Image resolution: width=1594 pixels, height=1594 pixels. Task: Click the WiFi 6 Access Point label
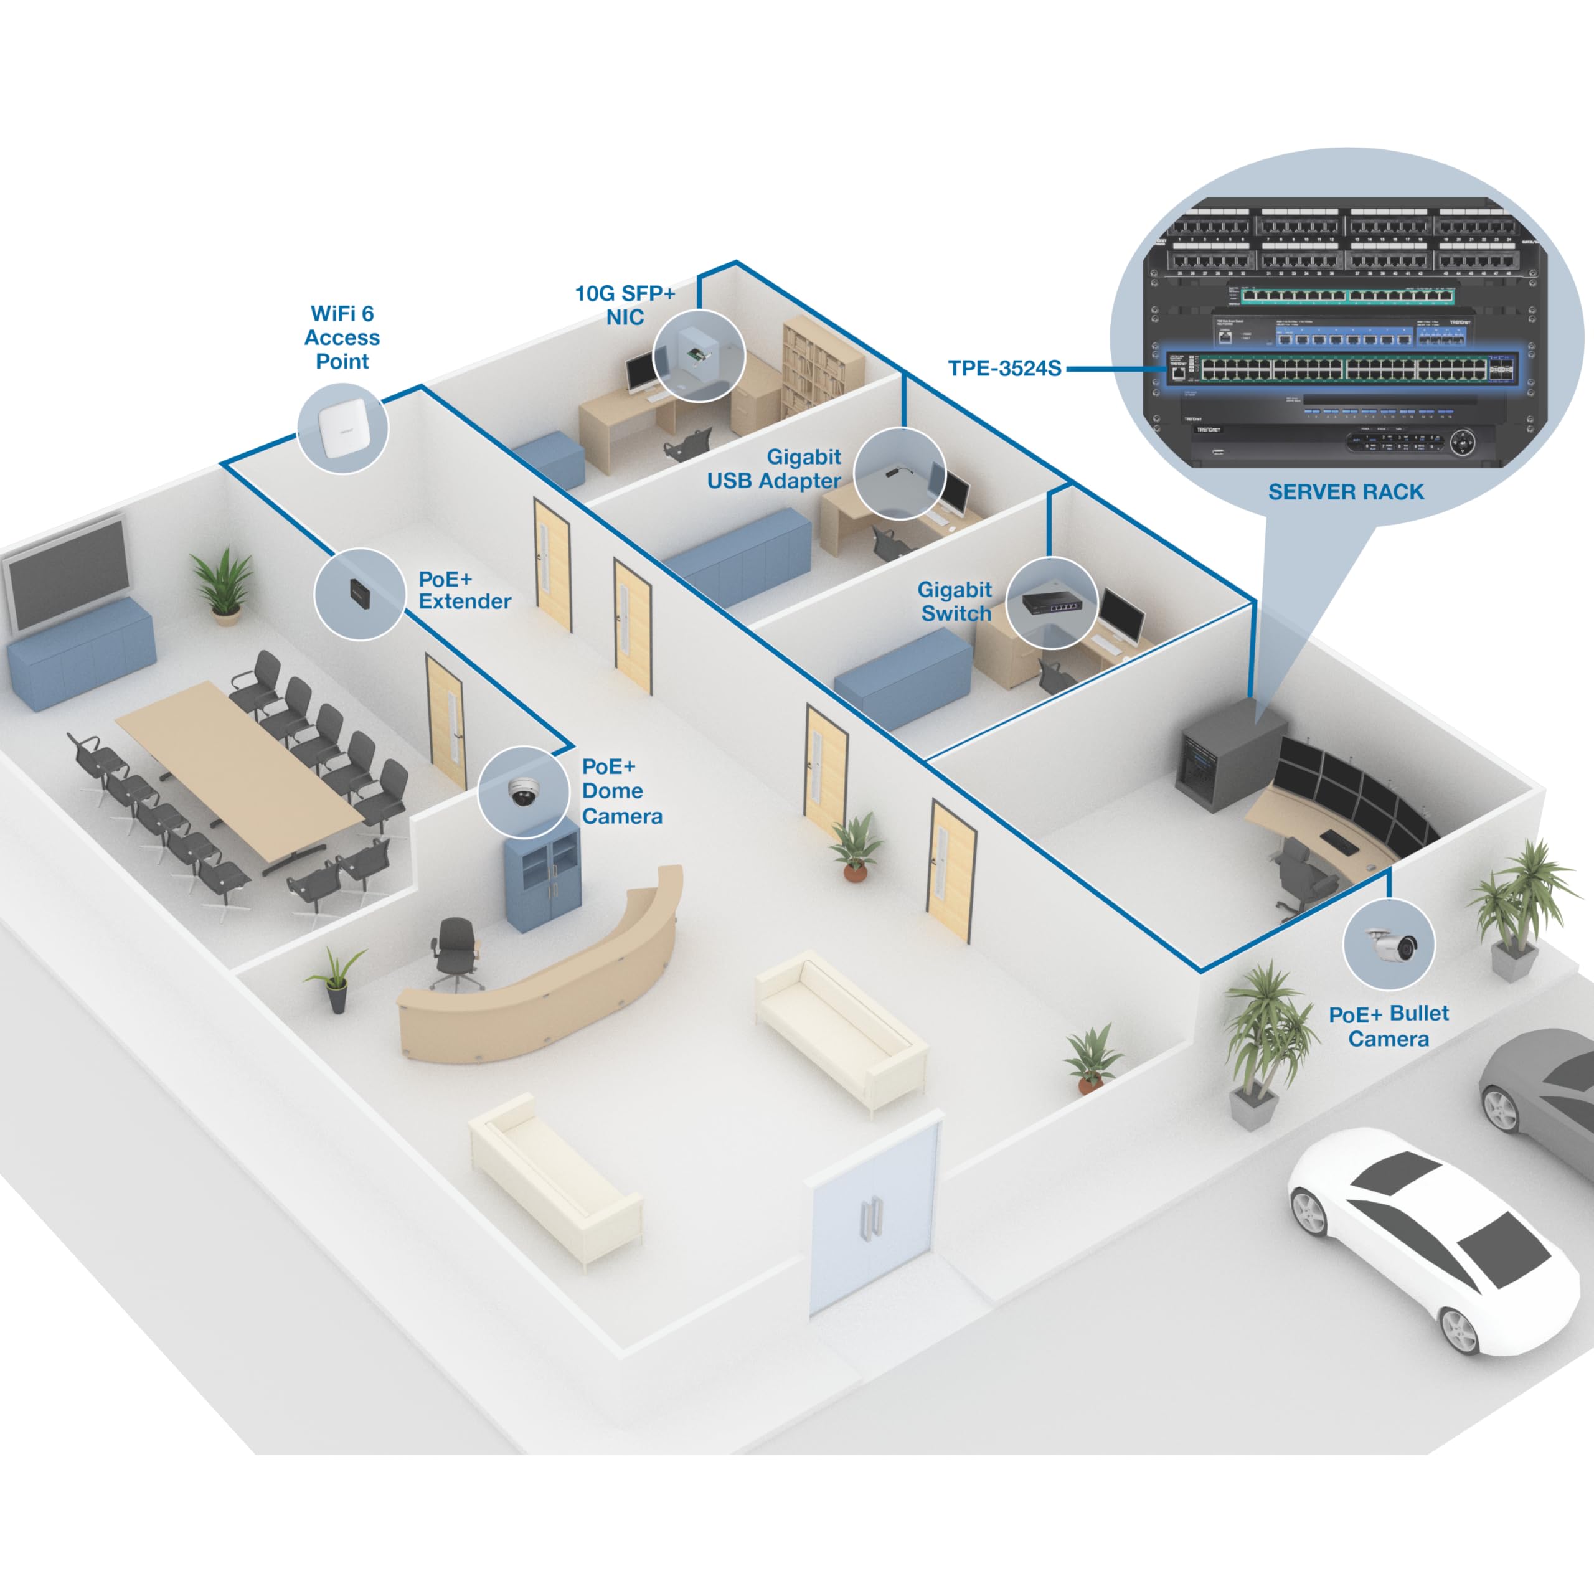342,337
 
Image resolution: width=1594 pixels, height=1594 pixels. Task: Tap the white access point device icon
342,430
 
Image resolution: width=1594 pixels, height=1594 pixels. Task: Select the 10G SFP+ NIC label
625,305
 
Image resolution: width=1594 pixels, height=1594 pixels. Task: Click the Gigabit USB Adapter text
774,469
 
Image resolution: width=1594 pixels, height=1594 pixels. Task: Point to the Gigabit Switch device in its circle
1051,602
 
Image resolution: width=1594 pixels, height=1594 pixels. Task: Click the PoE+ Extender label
464,590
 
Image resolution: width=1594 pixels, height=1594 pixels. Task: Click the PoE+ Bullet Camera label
1389,1026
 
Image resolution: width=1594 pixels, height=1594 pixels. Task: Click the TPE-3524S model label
1004,368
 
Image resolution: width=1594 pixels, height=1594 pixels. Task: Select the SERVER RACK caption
1346,492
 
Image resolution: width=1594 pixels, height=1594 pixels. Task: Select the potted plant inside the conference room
223,584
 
